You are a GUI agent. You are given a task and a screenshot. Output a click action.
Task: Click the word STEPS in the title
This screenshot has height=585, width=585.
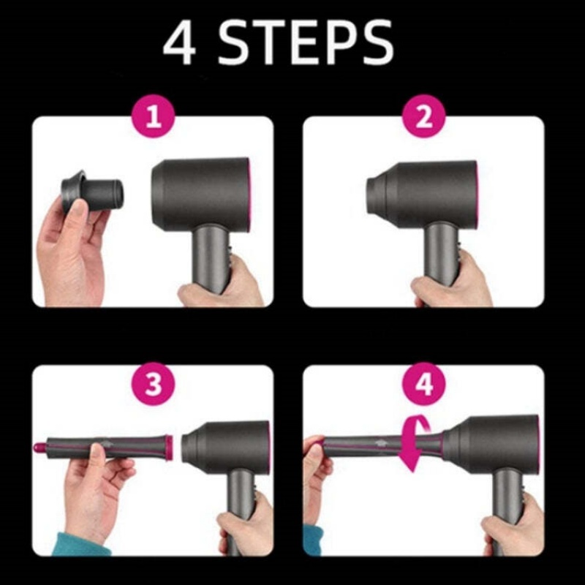tap(306, 44)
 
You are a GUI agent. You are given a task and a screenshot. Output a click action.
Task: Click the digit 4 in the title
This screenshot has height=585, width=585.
tap(178, 44)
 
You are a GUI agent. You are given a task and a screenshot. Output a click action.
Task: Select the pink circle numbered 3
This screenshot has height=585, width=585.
tap(153, 385)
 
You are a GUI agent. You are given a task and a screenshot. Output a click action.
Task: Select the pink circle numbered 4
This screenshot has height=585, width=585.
tap(424, 385)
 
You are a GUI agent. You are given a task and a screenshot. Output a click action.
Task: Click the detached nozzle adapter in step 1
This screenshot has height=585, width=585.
tap(94, 192)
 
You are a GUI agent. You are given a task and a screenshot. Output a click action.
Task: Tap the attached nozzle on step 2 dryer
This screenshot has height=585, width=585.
tap(380, 192)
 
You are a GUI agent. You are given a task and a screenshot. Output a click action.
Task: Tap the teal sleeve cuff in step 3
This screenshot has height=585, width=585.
tap(80, 545)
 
